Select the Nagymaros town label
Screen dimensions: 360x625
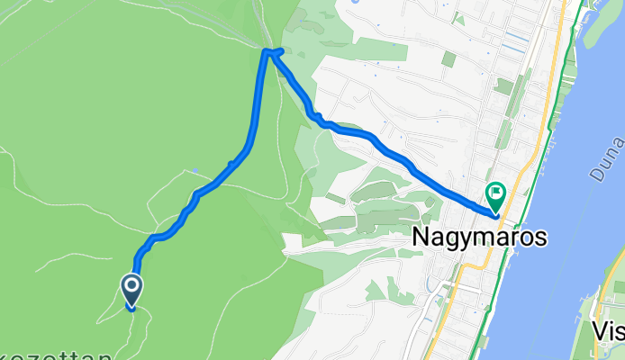click(479, 237)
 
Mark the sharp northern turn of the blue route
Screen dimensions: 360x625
click(267, 51)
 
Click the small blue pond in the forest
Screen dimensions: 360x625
click(195, 169)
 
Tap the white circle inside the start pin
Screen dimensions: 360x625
click(131, 287)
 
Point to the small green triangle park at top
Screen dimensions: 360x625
click(459, 18)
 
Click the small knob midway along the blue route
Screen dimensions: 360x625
click(232, 164)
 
